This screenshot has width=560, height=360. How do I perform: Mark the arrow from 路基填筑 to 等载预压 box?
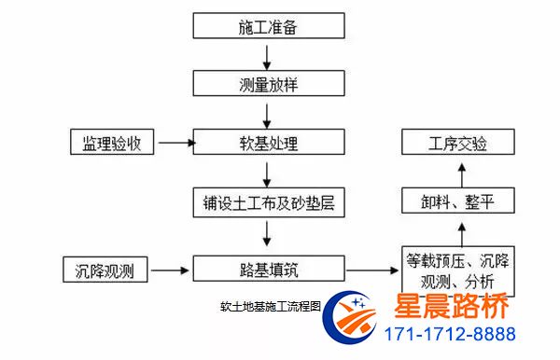tap(370, 271)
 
